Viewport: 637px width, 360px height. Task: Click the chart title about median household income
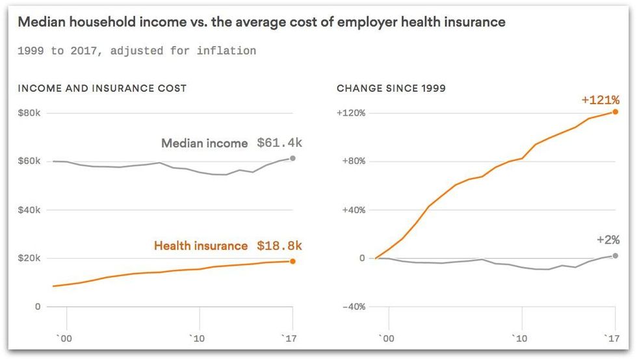pyautogui.click(x=261, y=22)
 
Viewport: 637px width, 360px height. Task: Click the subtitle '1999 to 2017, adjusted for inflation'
pyautogui.click(x=136, y=51)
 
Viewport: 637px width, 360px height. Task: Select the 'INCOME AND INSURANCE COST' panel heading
pyautogui.click(x=102, y=88)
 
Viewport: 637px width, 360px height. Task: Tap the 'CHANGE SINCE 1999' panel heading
pyautogui.click(x=391, y=88)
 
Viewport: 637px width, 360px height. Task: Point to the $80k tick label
pyautogui.click(x=29, y=113)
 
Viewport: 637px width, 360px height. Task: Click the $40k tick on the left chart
pyautogui.click(x=29, y=210)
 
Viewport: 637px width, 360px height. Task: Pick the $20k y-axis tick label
pyautogui.click(x=29, y=258)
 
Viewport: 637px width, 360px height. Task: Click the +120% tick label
pyautogui.click(x=351, y=113)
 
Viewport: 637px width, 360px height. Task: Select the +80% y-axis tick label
pyautogui.click(x=353, y=161)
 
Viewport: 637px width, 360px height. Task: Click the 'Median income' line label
pyautogui.click(x=204, y=144)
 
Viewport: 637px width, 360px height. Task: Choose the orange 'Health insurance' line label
pyautogui.click(x=201, y=246)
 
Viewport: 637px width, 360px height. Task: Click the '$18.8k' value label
pyautogui.click(x=279, y=246)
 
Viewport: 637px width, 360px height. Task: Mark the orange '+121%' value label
pyautogui.click(x=601, y=100)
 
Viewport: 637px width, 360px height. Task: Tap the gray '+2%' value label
pyautogui.click(x=608, y=240)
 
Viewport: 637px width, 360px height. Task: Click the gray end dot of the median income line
pyautogui.click(x=292, y=158)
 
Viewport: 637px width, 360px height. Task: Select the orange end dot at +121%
pyautogui.click(x=615, y=112)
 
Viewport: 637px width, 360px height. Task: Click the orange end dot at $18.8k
pyautogui.click(x=292, y=261)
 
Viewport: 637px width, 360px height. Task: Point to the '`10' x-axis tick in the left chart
pyautogui.click(x=199, y=338)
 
